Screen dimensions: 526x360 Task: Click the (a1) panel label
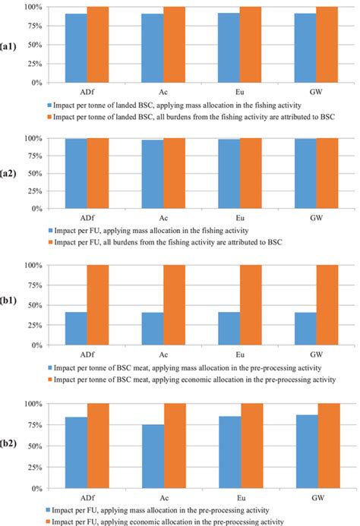pyautogui.click(x=11, y=45)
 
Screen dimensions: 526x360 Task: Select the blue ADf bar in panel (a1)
pyautogui.click(x=76, y=48)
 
